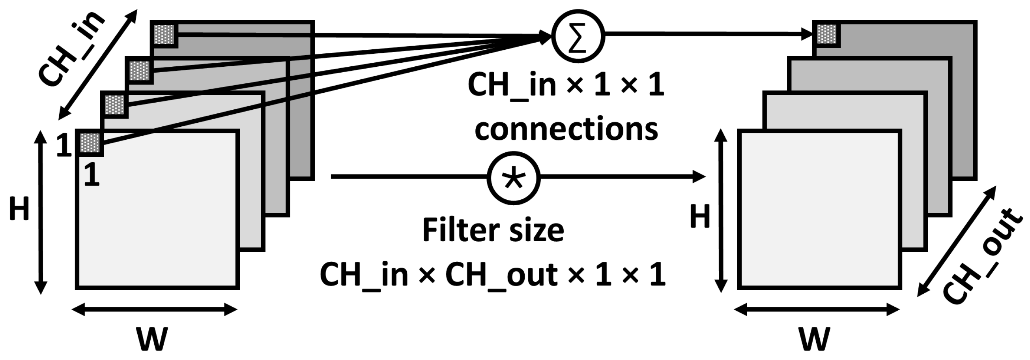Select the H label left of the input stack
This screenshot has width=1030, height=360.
[19, 209]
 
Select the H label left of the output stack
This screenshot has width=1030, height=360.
[700, 217]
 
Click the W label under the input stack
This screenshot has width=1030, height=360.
[151, 338]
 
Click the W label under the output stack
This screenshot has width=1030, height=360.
[814, 338]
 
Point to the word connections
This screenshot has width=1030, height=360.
[566, 129]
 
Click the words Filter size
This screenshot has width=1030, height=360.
[493, 231]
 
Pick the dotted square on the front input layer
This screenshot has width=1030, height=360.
[90, 142]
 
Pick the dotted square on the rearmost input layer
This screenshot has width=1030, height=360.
[164, 34]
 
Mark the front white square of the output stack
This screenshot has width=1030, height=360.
[819, 209]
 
